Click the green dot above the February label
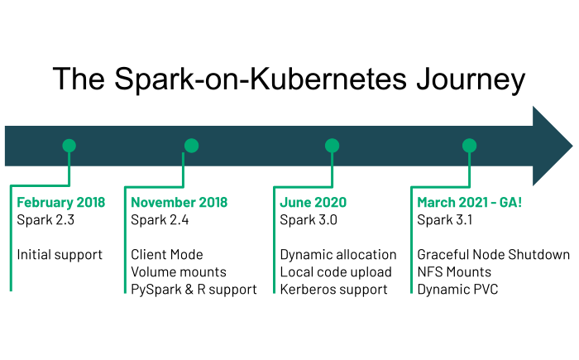click(69, 146)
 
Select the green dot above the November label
click(191, 146)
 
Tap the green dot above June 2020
click(332, 146)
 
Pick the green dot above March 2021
click(469, 146)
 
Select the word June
click(294, 203)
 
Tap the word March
click(436, 203)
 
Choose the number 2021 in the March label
click(474, 203)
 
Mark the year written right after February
click(91, 203)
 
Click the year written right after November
click(213, 203)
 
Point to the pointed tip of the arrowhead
click(572, 146)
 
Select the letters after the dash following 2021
click(510, 203)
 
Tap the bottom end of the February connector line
click(11, 290)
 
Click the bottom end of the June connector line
click(274, 292)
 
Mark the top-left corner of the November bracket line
click(125, 187)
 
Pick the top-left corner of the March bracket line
click(411, 187)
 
